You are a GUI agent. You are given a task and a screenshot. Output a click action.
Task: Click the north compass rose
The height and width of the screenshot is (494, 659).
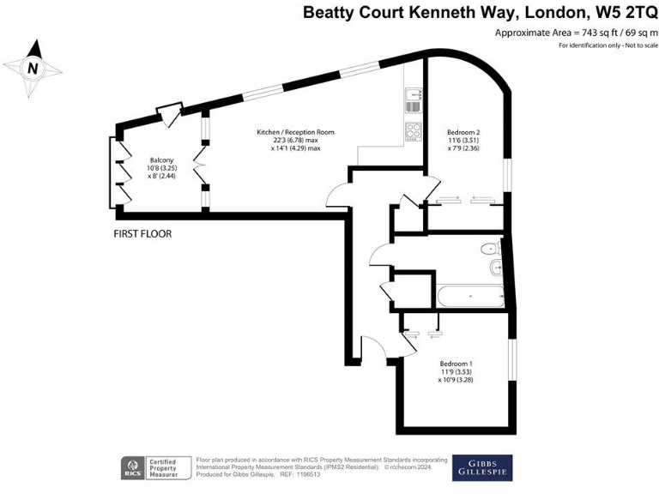click(33, 66)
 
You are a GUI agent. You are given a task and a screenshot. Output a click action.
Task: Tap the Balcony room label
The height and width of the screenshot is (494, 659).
click(163, 160)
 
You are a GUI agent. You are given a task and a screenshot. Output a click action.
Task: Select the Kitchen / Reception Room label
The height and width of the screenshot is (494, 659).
click(295, 132)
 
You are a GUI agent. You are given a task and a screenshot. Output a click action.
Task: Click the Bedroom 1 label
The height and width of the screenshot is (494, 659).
click(457, 362)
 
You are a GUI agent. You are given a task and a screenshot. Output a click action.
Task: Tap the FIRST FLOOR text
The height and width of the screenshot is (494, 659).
click(142, 233)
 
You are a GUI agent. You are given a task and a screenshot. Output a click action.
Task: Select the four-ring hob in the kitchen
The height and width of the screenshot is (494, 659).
click(413, 132)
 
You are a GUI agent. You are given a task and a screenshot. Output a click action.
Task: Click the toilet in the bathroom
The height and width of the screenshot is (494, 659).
click(489, 249)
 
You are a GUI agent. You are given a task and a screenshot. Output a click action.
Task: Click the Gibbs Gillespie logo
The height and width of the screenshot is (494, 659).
click(482, 467)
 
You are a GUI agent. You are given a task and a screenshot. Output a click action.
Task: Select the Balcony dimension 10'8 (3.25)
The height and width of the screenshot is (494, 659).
click(163, 168)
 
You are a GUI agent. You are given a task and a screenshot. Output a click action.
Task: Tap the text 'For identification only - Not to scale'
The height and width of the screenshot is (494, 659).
click(603, 45)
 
